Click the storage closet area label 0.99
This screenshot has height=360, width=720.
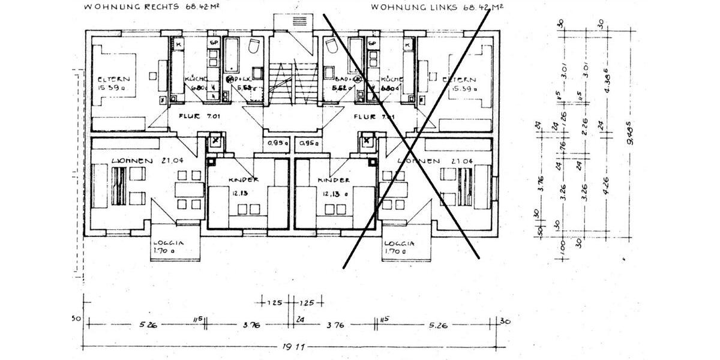pos(277,143)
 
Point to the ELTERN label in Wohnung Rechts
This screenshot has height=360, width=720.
pos(114,79)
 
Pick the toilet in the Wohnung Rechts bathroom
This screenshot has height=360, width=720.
pos(254,47)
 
